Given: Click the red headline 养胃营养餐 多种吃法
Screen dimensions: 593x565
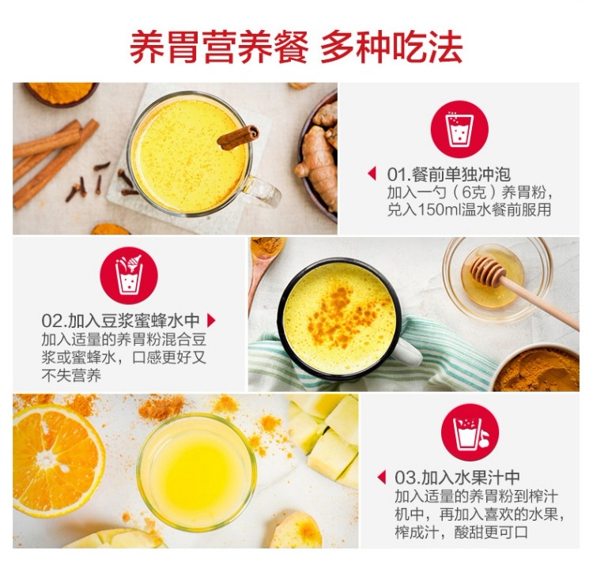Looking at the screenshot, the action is (296, 47).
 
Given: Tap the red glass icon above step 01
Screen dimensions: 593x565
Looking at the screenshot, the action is (459, 129).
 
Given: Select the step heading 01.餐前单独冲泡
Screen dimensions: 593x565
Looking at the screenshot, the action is (449, 174).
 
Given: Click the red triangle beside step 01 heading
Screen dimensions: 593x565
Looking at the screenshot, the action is (372, 174).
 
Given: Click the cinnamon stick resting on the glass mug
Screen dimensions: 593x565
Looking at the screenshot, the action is (238, 137).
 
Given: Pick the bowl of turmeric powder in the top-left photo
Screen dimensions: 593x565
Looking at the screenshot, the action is (61, 93).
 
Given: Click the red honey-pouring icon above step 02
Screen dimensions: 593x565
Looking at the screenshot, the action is (129, 276).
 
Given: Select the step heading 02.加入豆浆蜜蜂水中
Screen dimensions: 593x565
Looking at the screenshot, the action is (121, 321).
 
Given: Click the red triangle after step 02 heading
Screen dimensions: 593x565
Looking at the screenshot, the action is (211, 321).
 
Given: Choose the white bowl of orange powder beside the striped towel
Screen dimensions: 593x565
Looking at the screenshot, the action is (536, 367).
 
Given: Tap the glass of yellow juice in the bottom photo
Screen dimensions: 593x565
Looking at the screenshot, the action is (197, 472).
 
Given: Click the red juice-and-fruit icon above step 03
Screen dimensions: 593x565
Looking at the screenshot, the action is (470, 432).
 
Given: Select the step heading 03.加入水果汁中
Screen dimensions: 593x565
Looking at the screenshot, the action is (457, 477).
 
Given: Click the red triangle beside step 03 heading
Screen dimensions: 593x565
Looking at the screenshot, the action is (382, 477).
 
